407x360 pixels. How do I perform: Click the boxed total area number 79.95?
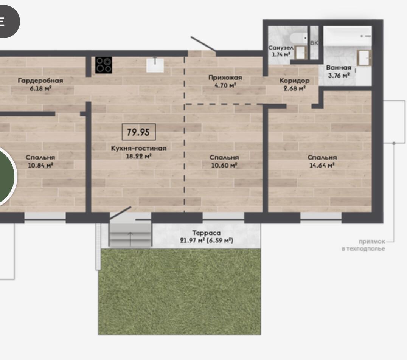tap(138, 132)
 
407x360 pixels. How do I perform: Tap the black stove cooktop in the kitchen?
tap(104, 65)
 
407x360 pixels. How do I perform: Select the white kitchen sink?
tap(155, 65)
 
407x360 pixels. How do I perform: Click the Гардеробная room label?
tap(40, 81)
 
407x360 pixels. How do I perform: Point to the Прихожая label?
tap(225, 78)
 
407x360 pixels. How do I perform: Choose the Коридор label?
tap(294, 81)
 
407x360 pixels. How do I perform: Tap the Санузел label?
tap(281, 48)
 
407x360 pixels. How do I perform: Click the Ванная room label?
tap(339, 68)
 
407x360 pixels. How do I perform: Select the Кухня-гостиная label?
tap(138, 148)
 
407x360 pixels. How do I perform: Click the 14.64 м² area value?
tap(322, 165)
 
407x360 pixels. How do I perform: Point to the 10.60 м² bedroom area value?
tap(224, 165)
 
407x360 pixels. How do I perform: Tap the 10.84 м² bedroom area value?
tap(40, 165)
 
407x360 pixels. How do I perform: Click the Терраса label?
tap(207, 233)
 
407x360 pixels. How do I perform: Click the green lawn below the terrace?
tap(180, 292)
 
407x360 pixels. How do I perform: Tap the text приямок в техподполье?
tap(363, 245)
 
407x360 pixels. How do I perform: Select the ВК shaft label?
tap(314, 43)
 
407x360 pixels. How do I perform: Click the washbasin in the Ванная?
tap(364, 57)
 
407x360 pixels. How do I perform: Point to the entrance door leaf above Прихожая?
tap(203, 44)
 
